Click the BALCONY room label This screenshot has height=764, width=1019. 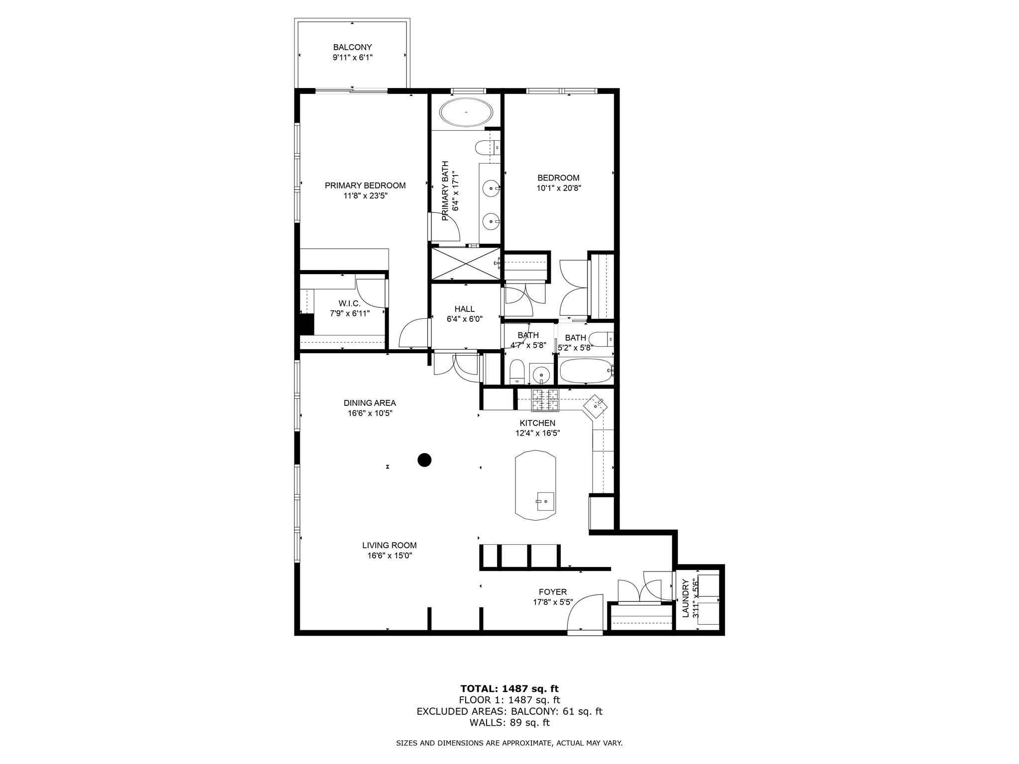tap(352, 47)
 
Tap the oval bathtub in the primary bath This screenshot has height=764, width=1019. tap(466, 113)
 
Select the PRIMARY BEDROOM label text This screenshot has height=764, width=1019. tap(365, 186)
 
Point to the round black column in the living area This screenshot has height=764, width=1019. tap(424, 460)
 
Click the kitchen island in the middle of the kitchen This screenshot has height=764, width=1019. tap(535, 485)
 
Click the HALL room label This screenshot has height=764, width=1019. tap(464, 309)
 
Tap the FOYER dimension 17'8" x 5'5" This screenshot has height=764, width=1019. tap(552, 602)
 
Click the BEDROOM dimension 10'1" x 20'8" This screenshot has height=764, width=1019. tap(558, 188)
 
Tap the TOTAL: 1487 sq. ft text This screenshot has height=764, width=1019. tap(509, 688)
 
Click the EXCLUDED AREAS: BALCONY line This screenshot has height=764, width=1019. tap(509, 711)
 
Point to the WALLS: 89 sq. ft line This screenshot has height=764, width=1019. tap(509, 723)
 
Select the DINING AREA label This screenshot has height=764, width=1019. tap(369, 403)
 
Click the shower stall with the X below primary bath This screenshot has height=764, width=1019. tap(465, 264)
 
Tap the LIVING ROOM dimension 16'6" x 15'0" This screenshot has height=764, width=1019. tap(389, 556)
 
